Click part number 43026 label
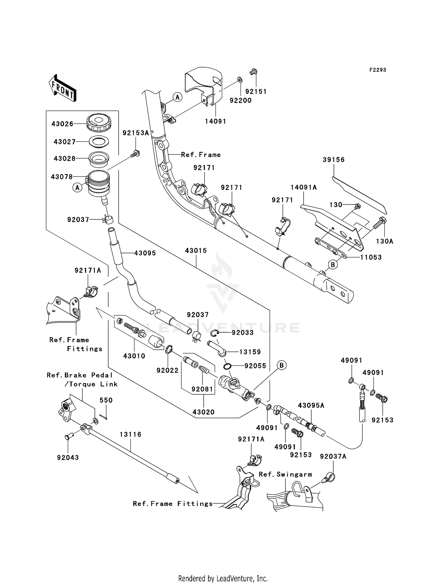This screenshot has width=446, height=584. [62, 124]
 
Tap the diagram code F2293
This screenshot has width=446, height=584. [378, 70]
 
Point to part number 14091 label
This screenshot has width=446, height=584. [215, 121]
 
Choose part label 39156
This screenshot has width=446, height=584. [334, 160]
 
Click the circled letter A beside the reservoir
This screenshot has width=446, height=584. [77, 188]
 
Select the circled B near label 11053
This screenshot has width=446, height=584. [333, 264]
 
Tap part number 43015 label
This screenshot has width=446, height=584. [196, 251]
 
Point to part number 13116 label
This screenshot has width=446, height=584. [131, 435]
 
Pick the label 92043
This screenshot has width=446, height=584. [68, 457]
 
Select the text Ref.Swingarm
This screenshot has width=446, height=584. [285, 474]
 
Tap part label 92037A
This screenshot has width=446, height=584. [333, 457]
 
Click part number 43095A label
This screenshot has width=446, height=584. [311, 405]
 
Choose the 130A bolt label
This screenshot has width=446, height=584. [384, 241]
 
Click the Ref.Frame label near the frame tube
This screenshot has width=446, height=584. [201, 155]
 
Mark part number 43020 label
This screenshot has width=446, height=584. [203, 412]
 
